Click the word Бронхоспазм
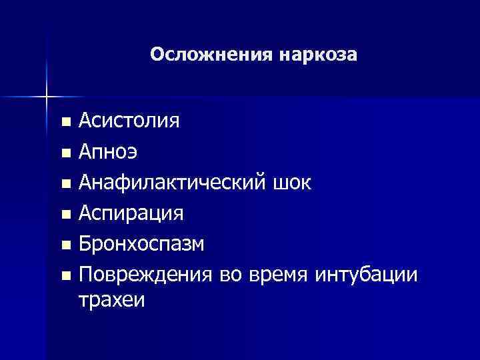tap(141, 244)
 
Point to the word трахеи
tap(111, 300)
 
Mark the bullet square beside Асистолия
tap(65, 122)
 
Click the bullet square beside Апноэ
tap(65, 153)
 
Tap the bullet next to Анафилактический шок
tap(65, 183)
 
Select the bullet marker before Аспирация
tap(65, 214)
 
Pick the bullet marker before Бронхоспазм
tap(65, 245)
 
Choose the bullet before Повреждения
tap(65, 275)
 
